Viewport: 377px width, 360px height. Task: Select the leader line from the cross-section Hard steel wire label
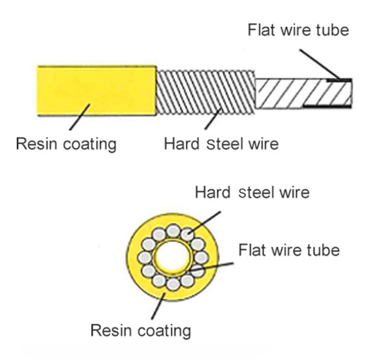click(x=205, y=221)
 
